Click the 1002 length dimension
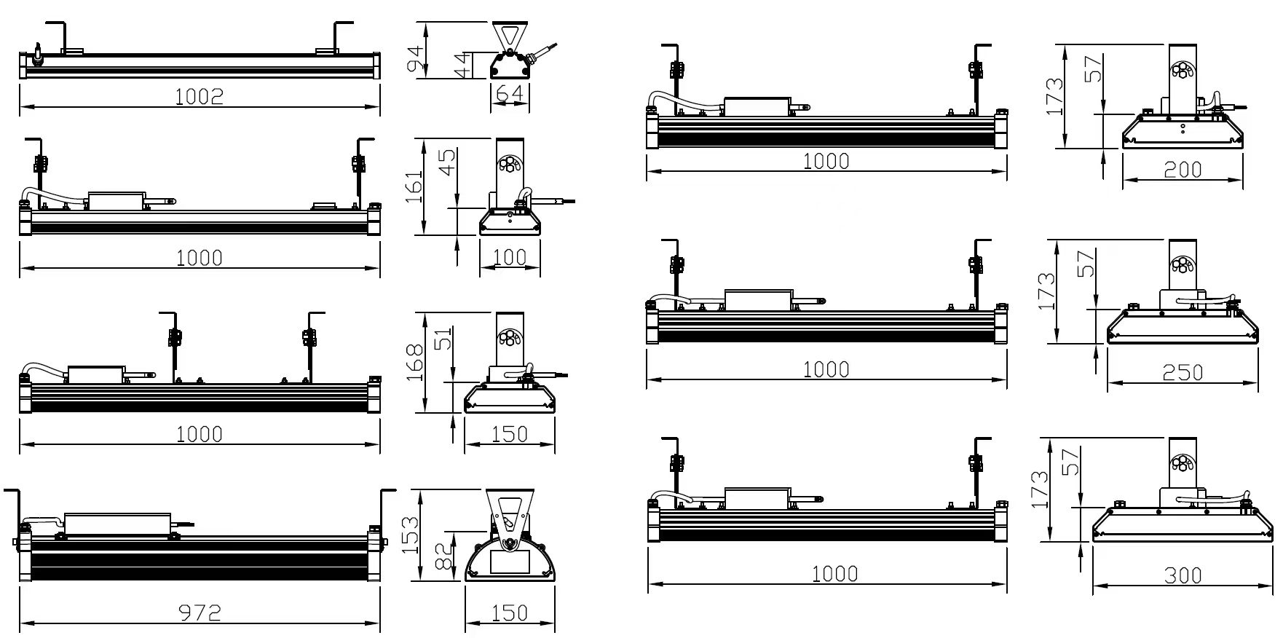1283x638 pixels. (199, 96)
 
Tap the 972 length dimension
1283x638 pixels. (199, 613)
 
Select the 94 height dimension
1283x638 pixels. (414, 58)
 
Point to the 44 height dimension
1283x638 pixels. (460, 66)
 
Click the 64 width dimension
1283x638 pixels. (509, 94)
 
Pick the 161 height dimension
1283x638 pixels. (413, 187)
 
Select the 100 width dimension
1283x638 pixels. (509, 256)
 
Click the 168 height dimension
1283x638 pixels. (414, 362)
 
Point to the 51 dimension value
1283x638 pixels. (443, 339)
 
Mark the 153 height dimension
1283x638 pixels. (410, 535)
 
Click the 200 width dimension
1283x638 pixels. (1182, 169)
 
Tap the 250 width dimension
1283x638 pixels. (1182, 372)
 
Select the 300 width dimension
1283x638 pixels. (1182, 575)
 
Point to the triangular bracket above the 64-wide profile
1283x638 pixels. (509, 36)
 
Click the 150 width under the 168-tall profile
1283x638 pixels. (509, 433)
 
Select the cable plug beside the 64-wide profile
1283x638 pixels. (542, 52)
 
